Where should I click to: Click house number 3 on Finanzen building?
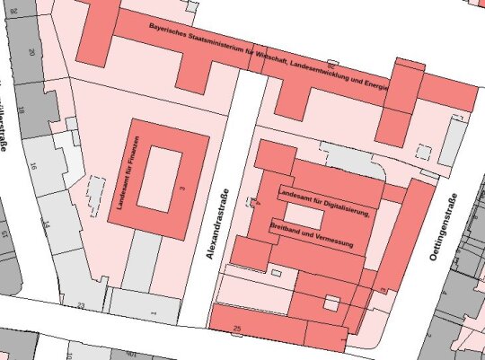click(x=181, y=188)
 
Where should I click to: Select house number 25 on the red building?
click(x=237, y=329)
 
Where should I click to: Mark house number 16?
click(x=34, y=167)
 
